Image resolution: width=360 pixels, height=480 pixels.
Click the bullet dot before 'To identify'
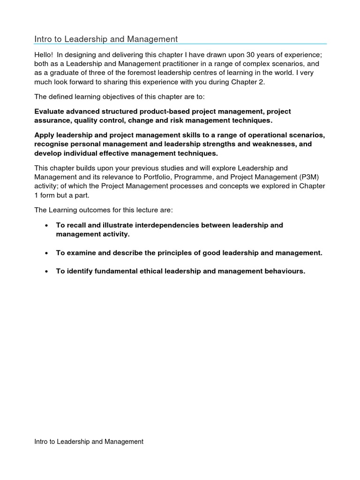46,271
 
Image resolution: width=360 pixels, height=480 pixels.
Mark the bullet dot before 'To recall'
46,225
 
